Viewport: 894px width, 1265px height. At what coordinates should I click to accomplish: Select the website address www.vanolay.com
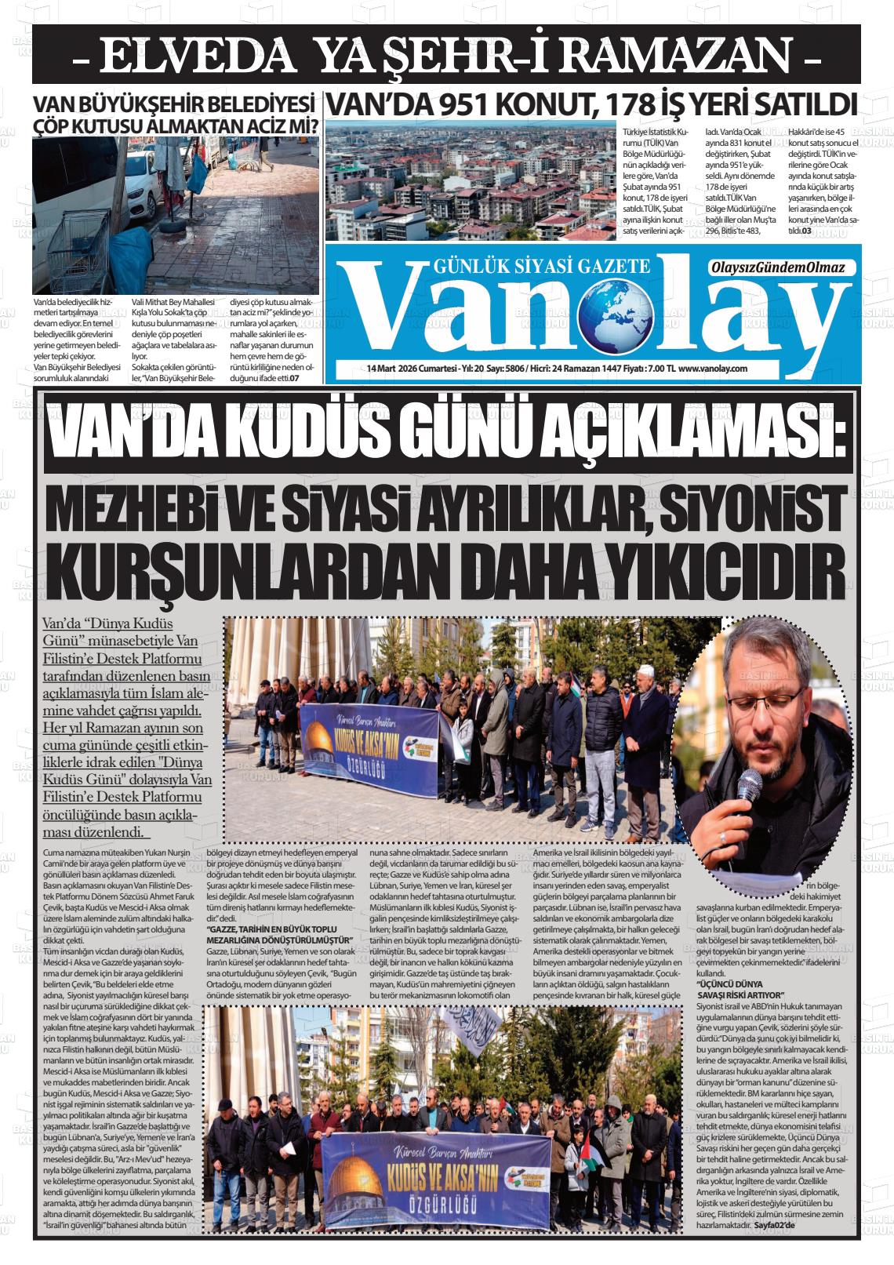tap(712, 368)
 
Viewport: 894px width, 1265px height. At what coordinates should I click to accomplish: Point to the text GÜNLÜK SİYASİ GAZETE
tap(541, 267)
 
